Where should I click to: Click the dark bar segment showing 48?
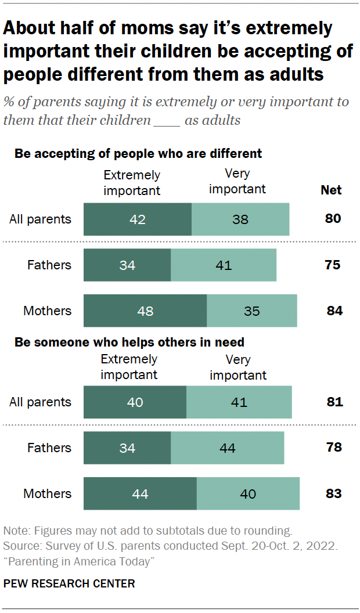pyautogui.click(x=145, y=311)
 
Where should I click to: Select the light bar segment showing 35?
pyautogui.click(x=252, y=311)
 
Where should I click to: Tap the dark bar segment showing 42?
pyautogui.click(x=138, y=219)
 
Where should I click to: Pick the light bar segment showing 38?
pyautogui.click(x=240, y=219)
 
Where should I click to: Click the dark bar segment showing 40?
pyautogui.click(x=135, y=402)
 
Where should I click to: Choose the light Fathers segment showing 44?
pyautogui.click(x=228, y=448)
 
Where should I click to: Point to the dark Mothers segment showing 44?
pyautogui.click(x=140, y=494)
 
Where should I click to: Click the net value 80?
pyautogui.click(x=333, y=219)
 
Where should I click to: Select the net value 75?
pyautogui.click(x=333, y=265)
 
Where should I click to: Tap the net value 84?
pyautogui.click(x=334, y=311)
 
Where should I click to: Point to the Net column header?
pyautogui.click(x=331, y=190)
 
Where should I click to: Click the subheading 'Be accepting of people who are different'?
pyautogui.click(x=138, y=154)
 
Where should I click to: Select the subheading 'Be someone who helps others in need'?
pyautogui.click(x=129, y=342)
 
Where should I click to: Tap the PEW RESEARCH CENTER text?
pyautogui.click(x=69, y=583)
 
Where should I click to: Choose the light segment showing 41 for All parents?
pyautogui.click(x=239, y=402)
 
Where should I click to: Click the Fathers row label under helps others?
pyautogui.click(x=49, y=448)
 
